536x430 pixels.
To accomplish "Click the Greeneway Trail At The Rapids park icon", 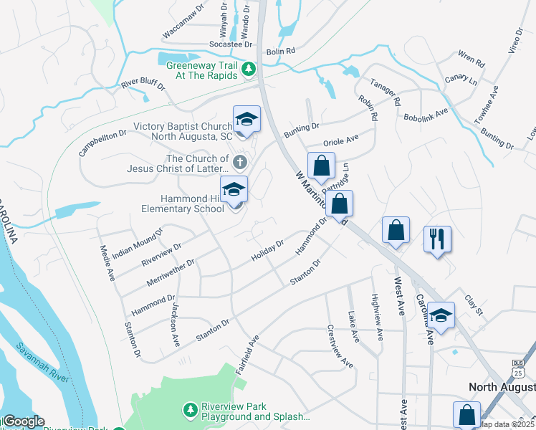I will click(x=249, y=70).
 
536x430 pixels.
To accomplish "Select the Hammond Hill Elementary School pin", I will click(x=234, y=191).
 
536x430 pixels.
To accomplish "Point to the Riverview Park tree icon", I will click(x=191, y=409).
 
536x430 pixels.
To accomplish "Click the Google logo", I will click(x=23, y=421).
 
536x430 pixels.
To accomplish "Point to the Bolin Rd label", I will click(x=281, y=52).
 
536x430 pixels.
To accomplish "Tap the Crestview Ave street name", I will click(x=340, y=347).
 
